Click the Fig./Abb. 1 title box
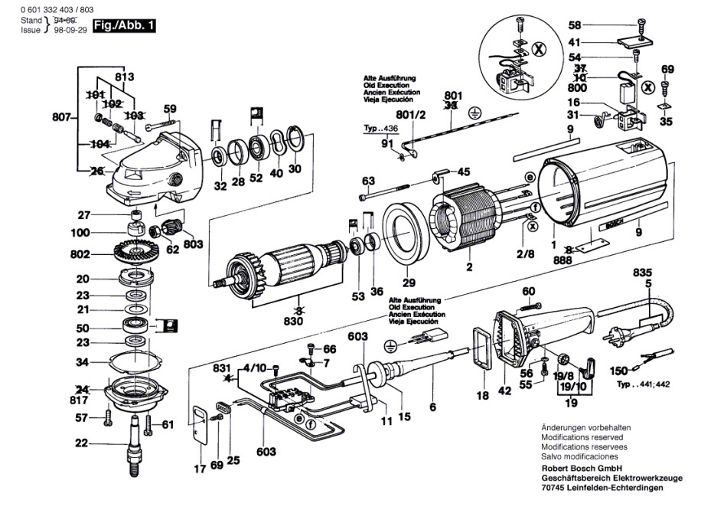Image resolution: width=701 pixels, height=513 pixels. point(124,25)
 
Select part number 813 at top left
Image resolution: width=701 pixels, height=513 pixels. point(124,77)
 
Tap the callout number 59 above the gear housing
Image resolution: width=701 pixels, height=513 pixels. point(170,109)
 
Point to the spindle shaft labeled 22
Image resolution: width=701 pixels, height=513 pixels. point(135,443)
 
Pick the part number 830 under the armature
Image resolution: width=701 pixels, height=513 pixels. point(293,321)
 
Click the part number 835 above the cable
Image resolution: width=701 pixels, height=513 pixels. point(642,273)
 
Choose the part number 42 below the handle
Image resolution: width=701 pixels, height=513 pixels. point(505,390)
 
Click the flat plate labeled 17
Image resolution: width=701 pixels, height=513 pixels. point(201,426)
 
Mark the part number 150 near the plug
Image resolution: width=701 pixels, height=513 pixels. point(619,371)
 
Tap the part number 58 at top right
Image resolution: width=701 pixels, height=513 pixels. point(575,25)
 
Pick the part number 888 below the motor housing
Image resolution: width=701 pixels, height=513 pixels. point(562,260)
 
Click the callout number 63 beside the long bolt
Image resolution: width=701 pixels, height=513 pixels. point(368,181)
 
